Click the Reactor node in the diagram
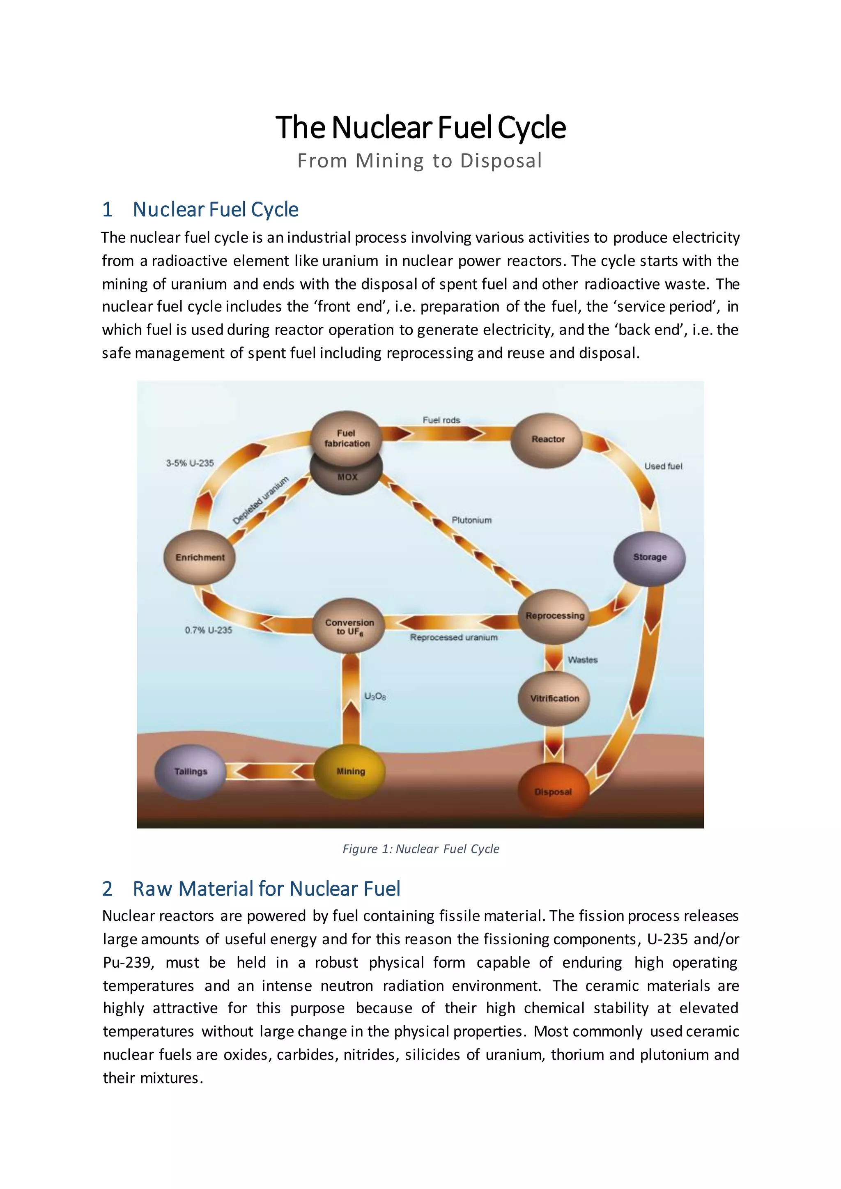click(547, 440)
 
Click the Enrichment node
click(200, 557)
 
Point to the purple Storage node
click(649, 557)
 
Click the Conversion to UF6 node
click(349, 626)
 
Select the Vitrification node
click(554, 698)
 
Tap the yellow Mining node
click(351, 771)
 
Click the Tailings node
click(191, 771)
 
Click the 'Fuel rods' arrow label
click(441, 420)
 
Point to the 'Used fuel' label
click(663, 466)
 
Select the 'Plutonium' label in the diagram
click(471, 520)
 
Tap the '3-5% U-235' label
click(190, 463)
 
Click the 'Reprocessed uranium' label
click(454, 638)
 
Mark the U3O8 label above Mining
click(375, 696)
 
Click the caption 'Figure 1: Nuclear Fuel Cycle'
click(420, 849)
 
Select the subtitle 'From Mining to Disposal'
click(419, 161)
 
